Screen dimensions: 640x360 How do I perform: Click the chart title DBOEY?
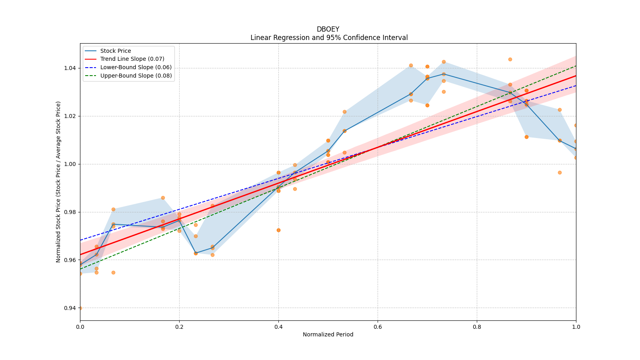coord(328,29)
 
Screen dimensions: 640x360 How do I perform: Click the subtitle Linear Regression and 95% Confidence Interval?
coord(329,38)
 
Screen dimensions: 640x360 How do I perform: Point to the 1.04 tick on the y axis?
coord(70,68)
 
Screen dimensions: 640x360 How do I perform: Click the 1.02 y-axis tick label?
coord(70,116)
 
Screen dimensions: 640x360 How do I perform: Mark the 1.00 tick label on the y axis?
coord(70,164)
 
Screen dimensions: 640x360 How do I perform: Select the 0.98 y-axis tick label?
coord(70,212)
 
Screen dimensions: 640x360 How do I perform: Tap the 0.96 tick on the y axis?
coord(70,260)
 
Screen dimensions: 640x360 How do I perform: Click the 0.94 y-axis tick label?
coord(70,308)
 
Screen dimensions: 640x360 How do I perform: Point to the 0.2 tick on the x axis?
coord(179,327)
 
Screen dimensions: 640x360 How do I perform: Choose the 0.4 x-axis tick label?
coord(278,327)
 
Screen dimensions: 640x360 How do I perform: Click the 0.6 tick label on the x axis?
coord(378,327)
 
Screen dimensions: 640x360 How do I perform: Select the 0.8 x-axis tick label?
coord(477,327)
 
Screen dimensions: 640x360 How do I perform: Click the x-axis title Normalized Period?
coord(328,334)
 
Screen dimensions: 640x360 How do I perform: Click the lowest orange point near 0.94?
coord(80,308)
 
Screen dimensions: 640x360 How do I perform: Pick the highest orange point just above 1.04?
coord(510,60)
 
